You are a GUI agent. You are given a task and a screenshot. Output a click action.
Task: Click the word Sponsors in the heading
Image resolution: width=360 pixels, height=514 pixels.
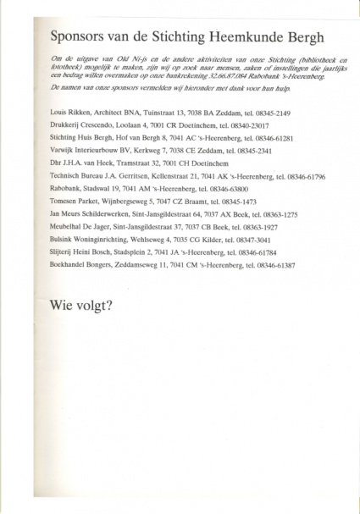coord(81,37)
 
